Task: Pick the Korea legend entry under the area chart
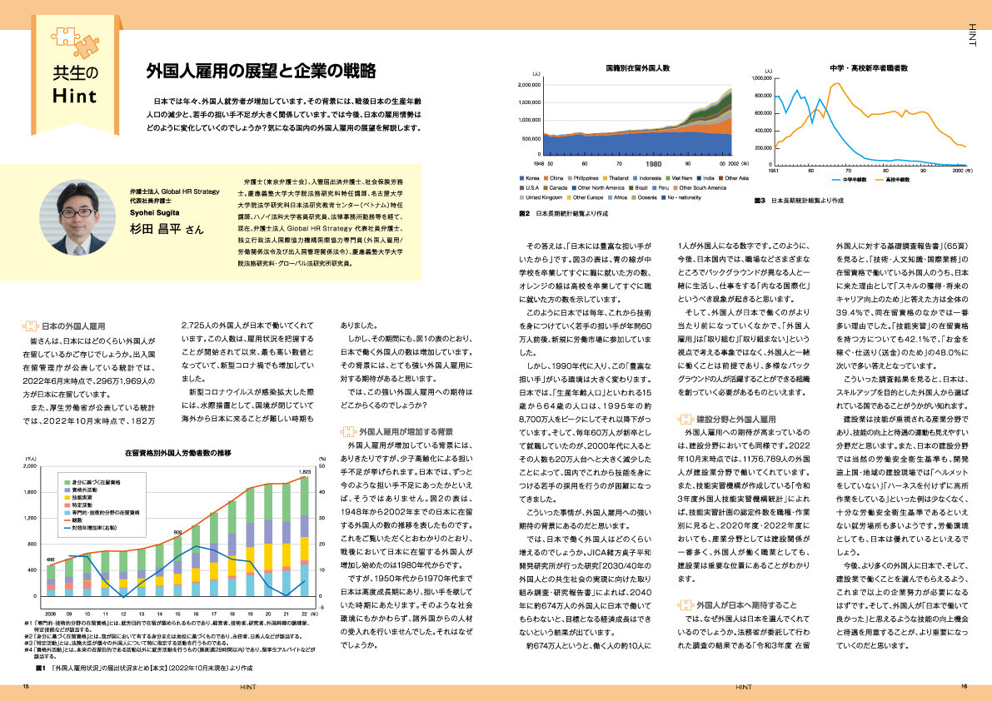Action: [530, 178]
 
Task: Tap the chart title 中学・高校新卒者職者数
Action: [869, 66]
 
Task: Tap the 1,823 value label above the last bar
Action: [305, 472]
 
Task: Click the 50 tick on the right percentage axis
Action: [323, 466]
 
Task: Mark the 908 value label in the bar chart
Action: [178, 534]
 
